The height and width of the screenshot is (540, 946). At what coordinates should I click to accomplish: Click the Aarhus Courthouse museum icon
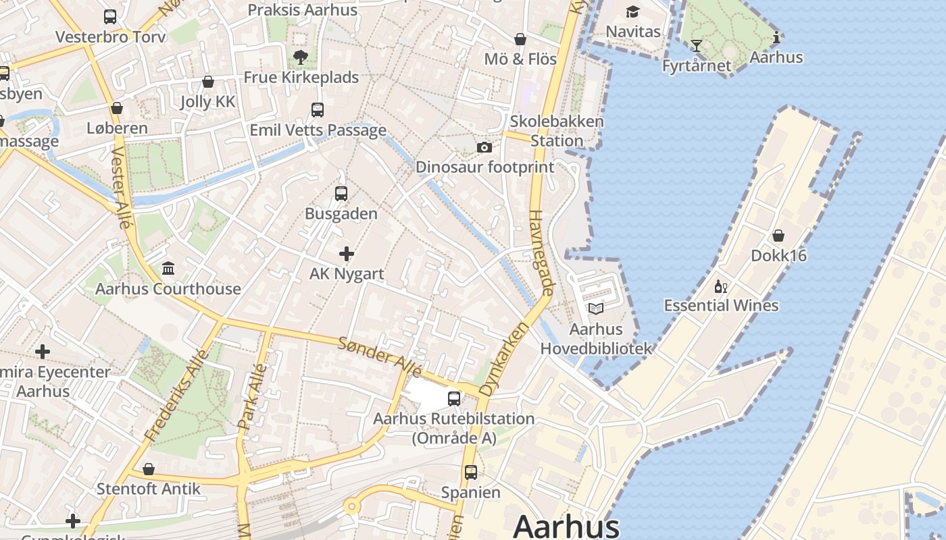tap(168, 269)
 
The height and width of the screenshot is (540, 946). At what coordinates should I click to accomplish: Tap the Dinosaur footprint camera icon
tap(484, 147)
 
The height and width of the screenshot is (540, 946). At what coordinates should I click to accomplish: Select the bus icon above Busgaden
tap(341, 194)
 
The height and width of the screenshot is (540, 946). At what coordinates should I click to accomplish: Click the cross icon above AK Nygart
tap(347, 254)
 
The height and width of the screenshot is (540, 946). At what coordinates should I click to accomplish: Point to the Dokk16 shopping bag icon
tap(778, 236)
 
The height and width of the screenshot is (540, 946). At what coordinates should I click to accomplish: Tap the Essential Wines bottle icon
tap(721, 287)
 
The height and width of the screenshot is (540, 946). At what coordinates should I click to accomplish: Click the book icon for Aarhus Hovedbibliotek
tap(595, 308)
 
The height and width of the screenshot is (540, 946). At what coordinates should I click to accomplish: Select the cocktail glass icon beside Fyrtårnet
tap(697, 46)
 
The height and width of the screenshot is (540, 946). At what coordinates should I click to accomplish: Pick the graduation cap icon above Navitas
tap(632, 12)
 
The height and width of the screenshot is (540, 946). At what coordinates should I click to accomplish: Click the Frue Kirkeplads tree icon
tap(301, 57)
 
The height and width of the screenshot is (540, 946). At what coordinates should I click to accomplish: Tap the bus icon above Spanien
tap(471, 473)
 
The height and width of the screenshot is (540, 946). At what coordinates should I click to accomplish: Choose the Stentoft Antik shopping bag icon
tap(149, 468)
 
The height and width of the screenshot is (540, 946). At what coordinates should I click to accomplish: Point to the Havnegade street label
tap(543, 252)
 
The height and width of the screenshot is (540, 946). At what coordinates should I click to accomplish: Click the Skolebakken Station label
tap(557, 131)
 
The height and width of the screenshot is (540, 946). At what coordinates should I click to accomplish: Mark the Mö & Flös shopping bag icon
tap(520, 39)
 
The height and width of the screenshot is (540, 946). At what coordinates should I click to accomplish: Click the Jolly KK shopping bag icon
tap(208, 82)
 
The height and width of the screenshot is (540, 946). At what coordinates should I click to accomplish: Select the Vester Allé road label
tap(121, 187)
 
